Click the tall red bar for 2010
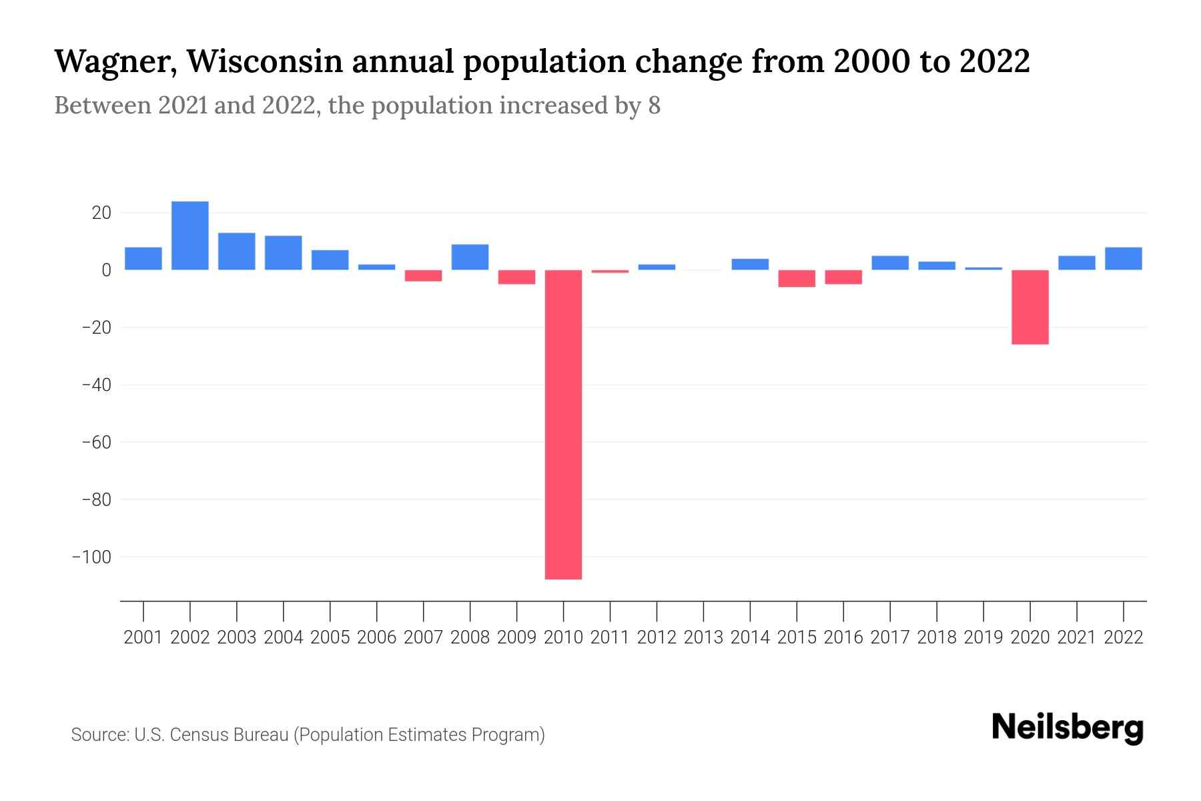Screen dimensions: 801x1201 click(563, 425)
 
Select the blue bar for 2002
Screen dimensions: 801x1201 click(190, 236)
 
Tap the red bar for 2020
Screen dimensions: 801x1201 click(1030, 307)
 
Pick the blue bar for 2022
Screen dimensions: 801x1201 click(1123, 259)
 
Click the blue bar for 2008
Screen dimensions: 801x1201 click(470, 258)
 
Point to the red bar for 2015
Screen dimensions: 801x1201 click(797, 278)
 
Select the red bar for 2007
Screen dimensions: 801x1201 click(423, 276)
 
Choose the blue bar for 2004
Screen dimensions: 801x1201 click(283, 253)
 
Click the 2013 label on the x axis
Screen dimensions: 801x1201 click(703, 637)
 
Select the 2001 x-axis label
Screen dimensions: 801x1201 click(143, 637)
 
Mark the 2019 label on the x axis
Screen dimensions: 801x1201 click(983, 637)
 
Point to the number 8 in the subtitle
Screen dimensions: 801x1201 click(654, 106)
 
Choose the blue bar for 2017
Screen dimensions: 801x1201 click(889, 263)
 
